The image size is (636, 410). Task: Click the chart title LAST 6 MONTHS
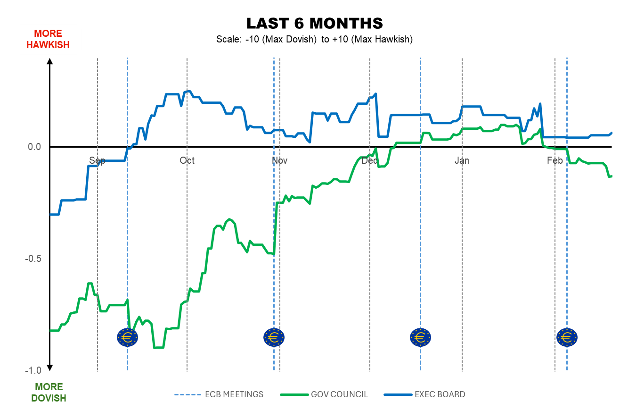314,23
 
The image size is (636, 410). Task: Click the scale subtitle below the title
314,39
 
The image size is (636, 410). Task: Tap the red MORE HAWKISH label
48,39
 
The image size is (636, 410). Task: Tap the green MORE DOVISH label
49,393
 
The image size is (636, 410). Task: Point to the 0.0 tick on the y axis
35,147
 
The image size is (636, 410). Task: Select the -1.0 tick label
33,370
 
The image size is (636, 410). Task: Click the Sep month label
97,161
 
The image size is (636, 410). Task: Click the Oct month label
187,161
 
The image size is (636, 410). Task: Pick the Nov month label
279,161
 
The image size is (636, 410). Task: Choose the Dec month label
370,161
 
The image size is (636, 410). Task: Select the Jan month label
462,161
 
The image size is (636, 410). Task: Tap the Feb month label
555,161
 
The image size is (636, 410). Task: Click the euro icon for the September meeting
127,337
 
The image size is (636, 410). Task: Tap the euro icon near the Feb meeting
567,337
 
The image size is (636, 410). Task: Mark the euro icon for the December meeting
420,337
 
